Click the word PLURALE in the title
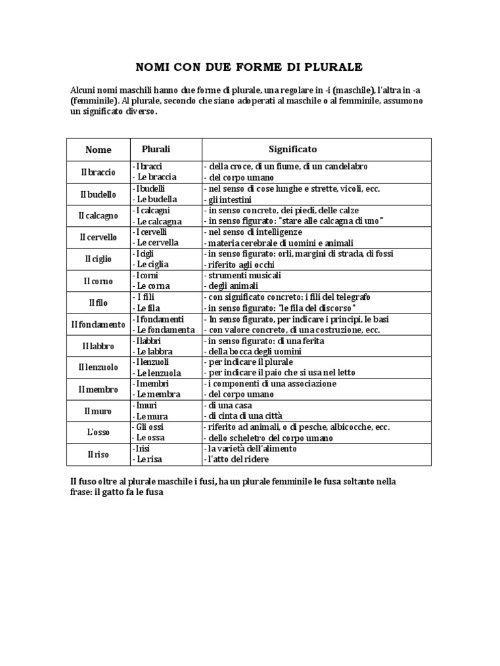click(x=331, y=68)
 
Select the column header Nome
click(x=98, y=150)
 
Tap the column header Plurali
click(x=156, y=150)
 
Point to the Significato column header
click(x=293, y=150)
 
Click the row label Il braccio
click(x=98, y=172)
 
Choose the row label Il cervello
click(x=98, y=237)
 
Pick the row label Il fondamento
click(x=98, y=325)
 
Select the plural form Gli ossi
click(x=150, y=427)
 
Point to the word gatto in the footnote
click(x=120, y=492)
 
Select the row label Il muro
click(x=98, y=411)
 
